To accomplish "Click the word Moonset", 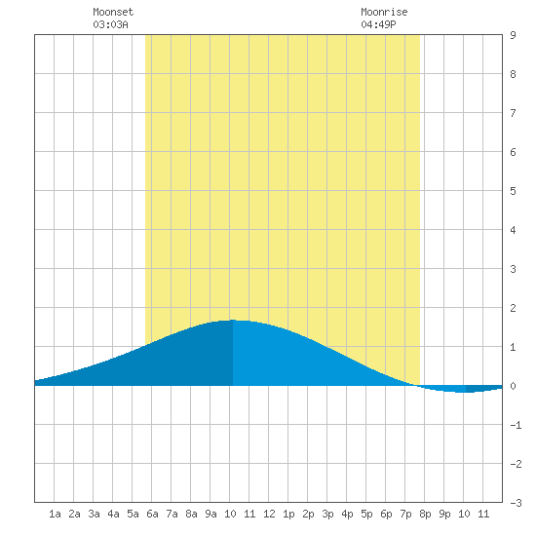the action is pos(113,12).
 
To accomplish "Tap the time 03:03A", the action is pos(110,24).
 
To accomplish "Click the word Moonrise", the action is pos(384,12).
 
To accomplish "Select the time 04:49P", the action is pos(378,24).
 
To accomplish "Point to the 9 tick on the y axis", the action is pos(513,35).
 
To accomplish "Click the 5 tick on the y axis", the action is pos(513,191).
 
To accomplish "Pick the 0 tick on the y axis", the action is pos(513,386).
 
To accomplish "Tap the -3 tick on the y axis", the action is pos(516,503).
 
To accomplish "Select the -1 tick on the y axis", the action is pos(516,425).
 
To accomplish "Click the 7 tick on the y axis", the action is pos(513,113).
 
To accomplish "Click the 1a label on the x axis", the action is pos(55,514).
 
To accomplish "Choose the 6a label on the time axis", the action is pos(152,514).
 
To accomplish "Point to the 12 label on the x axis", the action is pos(269,514).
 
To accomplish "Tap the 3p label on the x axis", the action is pos(327,514).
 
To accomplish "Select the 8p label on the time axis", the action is pos(425,514).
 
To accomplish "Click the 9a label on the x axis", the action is pos(211,514).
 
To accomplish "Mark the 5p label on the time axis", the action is pos(366,514).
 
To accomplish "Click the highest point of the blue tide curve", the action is pos(233,320).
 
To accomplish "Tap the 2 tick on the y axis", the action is pos(513,308).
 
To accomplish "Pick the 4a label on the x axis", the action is pos(113,514).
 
